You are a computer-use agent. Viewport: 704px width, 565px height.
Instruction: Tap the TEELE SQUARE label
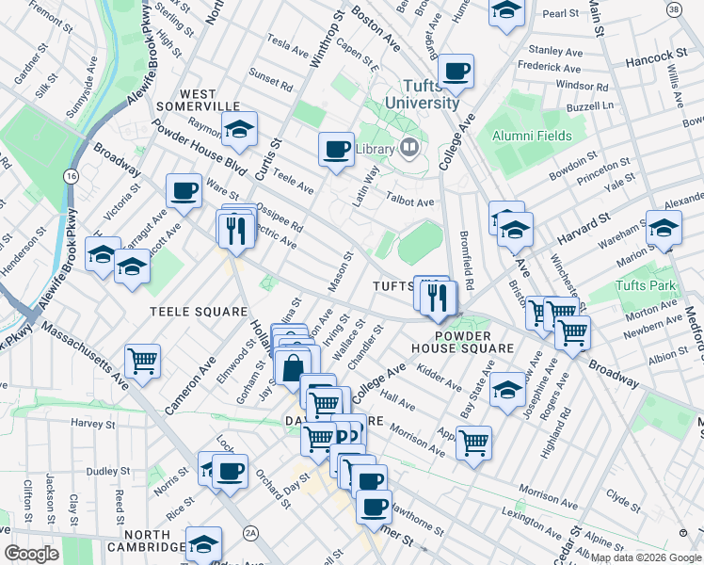(x=199, y=311)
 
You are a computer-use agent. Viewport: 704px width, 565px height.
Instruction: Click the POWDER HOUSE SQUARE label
(x=475, y=342)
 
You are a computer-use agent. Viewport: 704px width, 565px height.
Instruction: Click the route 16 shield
(x=71, y=176)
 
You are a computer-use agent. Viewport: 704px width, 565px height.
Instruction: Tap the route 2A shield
(x=250, y=533)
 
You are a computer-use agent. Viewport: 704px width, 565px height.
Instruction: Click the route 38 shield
(x=673, y=8)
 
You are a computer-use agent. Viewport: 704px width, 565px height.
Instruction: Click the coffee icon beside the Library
(x=336, y=148)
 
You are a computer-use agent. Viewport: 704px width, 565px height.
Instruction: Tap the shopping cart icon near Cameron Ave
(x=142, y=360)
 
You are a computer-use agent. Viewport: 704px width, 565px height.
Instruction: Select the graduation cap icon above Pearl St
(x=506, y=11)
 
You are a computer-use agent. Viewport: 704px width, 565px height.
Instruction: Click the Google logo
(x=31, y=554)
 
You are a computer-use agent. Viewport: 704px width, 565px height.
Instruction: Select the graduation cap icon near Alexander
(x=664, y=228)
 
